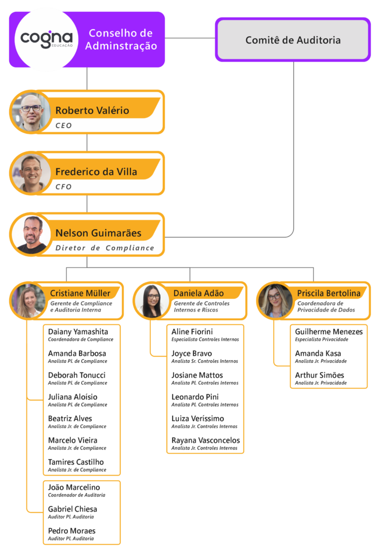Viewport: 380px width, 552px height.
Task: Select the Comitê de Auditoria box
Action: pos(293,40)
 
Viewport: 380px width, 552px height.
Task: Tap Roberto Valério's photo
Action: pos(31,111)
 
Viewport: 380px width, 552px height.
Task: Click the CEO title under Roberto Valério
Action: pos(64,126)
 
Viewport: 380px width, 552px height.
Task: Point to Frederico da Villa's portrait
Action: pos(31,172)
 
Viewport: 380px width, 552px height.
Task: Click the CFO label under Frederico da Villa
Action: pos(64,187)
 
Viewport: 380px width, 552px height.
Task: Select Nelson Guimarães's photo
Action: pos(31,234)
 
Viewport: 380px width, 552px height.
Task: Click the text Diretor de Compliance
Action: pos(105,249)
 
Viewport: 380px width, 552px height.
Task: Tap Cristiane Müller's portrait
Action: pos(27,301)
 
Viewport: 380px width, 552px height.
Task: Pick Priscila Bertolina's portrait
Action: pos(274,301)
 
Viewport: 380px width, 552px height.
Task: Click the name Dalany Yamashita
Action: pos(78,332)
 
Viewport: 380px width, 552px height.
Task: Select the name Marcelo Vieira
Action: pos(73,440)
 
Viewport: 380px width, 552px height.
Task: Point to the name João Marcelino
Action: pos(74,487)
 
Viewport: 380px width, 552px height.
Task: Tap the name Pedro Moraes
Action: pos(72,531)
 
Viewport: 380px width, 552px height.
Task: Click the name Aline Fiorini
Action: pos(192,332)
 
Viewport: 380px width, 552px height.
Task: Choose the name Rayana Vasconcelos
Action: pos(206,440)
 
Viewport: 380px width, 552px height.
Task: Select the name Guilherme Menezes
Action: pos(329,332)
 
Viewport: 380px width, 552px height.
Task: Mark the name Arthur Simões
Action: pos(320,375)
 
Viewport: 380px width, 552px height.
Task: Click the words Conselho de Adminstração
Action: pos(121,40)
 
